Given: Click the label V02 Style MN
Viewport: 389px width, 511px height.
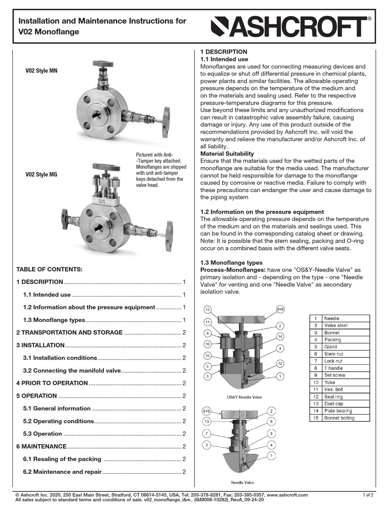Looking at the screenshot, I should (x=41, y=71).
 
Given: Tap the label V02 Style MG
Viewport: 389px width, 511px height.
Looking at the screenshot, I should (x=41, y=175).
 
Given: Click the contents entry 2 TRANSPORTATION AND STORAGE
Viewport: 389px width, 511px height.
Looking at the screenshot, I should (x=70, y=332).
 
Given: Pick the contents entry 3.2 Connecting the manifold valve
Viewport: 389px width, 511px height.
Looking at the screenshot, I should (x=72, y=370).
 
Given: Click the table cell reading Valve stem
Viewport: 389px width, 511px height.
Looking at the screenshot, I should (x=336, y=325).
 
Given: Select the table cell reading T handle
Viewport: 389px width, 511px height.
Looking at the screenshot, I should (x=333, y=368).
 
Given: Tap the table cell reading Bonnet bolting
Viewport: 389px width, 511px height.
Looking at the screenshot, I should (x=339, y=418).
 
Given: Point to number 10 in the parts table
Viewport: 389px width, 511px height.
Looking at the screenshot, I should (x=315, y=383).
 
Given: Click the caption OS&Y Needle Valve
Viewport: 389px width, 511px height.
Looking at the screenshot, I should (x=244, y=397).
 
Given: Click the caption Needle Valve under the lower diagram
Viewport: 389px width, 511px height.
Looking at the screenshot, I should (x=242, y=482).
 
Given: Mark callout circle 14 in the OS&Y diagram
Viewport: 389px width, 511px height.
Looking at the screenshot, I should (x=280, y=336).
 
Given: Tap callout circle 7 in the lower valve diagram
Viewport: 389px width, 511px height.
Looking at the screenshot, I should (x=207, y=433).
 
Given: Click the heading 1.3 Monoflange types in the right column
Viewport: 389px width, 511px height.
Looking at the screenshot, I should (x=231, y=263).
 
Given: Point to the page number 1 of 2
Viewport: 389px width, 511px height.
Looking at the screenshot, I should (x=368, y=495).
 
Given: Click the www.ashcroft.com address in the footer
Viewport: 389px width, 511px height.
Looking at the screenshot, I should (x=287, y=495).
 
